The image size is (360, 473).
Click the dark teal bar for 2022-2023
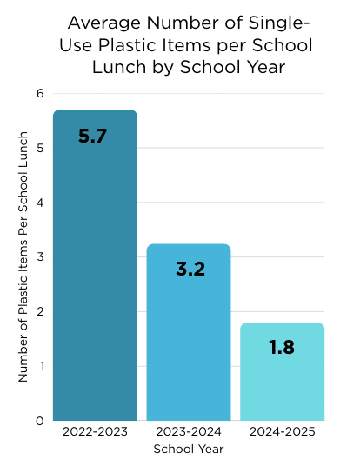coord(95,265)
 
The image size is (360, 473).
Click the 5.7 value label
coord(92,137)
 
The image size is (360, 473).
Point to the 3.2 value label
coord(189,270)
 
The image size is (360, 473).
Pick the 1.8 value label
coord(282,348)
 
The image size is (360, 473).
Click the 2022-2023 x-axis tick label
coord(95,432)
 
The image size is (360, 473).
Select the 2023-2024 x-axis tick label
coord(189,432)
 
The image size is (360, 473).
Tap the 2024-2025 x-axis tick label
coord(282,432)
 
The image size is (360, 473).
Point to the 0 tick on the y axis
coord(40,421)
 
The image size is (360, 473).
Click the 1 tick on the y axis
coord(40,366)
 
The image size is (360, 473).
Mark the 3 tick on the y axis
coord(40,257)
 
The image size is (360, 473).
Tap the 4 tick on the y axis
coord(40,203)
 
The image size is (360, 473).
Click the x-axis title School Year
coord(189,450)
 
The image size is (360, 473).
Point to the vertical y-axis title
coord(23,257)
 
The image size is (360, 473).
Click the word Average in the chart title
coord(102,23)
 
